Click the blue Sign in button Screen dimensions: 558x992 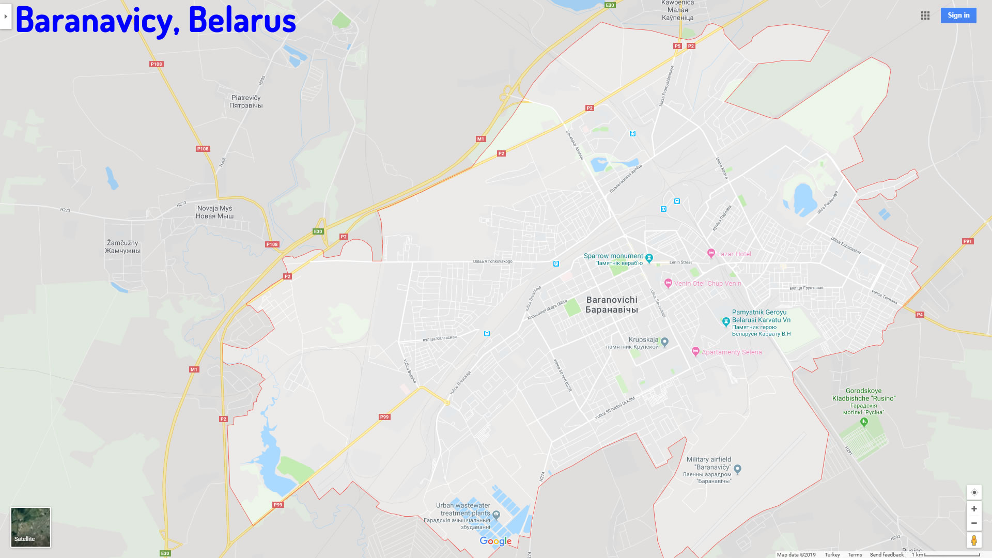coord(958,16)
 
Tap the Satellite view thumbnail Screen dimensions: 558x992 coord(30,526)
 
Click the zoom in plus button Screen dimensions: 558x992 coord(973,509)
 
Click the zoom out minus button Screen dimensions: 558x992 coord(973,523)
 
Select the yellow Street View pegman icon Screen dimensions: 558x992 coord(973,540)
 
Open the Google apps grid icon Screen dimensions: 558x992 coord(925,16)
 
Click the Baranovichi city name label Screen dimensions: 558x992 coord(612,305)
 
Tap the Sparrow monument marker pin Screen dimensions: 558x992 coord(649,258)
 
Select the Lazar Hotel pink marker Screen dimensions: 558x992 coord(711,254)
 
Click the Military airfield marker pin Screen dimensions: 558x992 coord(737,469)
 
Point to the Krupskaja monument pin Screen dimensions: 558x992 coord(665,342)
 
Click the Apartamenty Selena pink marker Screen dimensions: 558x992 coord(695,352)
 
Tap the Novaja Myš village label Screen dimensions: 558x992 coord(214,212)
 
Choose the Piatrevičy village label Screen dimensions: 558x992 coord(246,101)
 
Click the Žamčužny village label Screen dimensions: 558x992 coord(122,246)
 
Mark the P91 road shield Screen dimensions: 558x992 coord(967,241)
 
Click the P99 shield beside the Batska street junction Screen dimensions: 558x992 coord(384,417)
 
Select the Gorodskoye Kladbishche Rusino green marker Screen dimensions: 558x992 coord(863,422)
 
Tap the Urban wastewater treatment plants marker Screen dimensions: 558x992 coord(496,514)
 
